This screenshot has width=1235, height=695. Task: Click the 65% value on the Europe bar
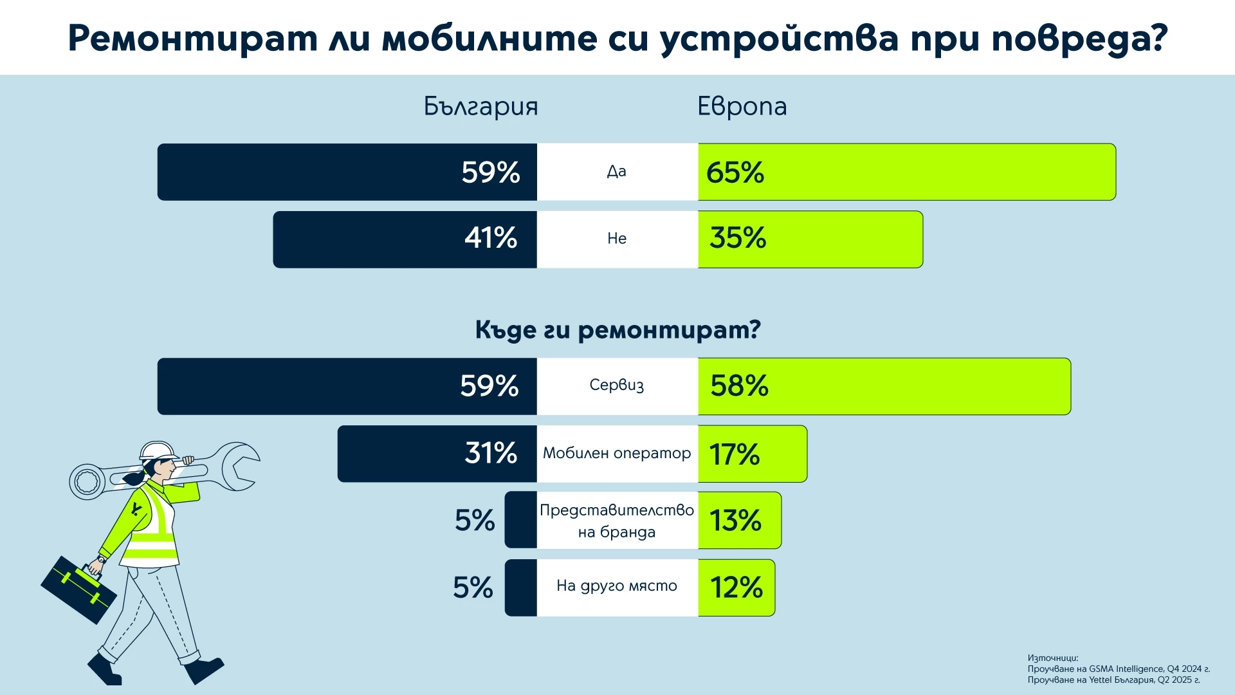click(735, 172)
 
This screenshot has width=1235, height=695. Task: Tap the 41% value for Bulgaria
click(491, 238)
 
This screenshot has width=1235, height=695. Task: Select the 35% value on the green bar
click(738, 238)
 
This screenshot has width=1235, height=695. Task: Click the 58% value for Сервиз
click(739, 386)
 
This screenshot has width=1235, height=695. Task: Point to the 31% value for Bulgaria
click(491, 453)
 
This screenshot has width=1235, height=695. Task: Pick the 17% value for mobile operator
click(735, 454)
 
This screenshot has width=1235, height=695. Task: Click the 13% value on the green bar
click(735, 521)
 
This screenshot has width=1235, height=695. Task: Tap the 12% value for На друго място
click(736, 588)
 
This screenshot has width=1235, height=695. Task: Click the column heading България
click(480, 107)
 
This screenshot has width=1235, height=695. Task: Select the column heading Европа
click(742, 107)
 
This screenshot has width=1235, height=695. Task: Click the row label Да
click(616, 172)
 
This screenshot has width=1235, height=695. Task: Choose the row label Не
click(616, 239)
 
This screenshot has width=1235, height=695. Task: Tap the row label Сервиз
click(616, 385)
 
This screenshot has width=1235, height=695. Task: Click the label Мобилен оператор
click(616, 453)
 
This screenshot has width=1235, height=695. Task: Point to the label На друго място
click(616, 586)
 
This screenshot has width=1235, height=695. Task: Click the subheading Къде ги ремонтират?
click(617, 329)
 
